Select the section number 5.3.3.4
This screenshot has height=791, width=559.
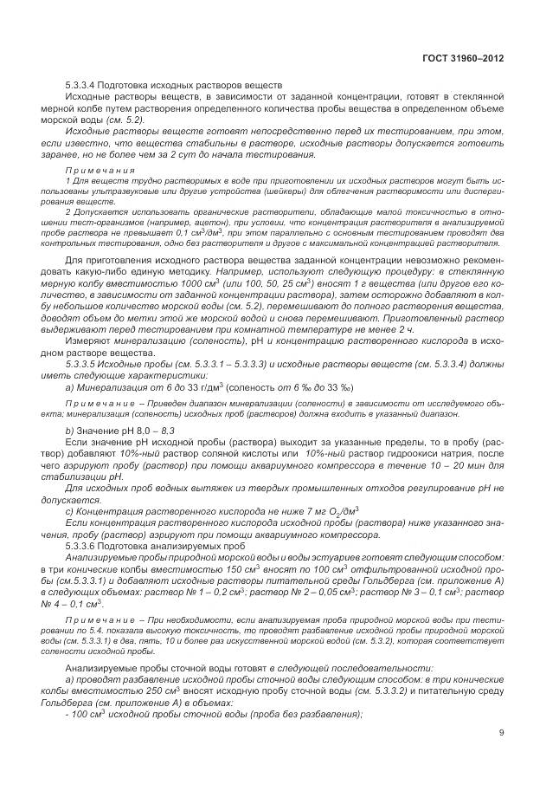[84, 85]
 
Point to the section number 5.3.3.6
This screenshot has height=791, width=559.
[84, 546]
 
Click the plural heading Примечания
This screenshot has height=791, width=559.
[98, 170]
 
